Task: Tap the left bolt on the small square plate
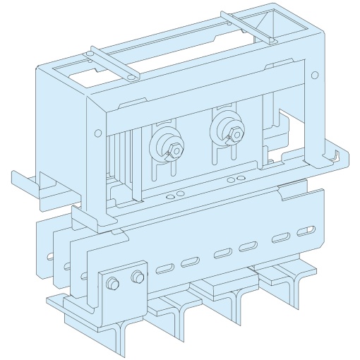pos(111,284)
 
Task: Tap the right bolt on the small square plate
pos(136,277)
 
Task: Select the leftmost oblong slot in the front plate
pos(165,269)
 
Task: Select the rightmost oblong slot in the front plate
pos(306,232)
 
